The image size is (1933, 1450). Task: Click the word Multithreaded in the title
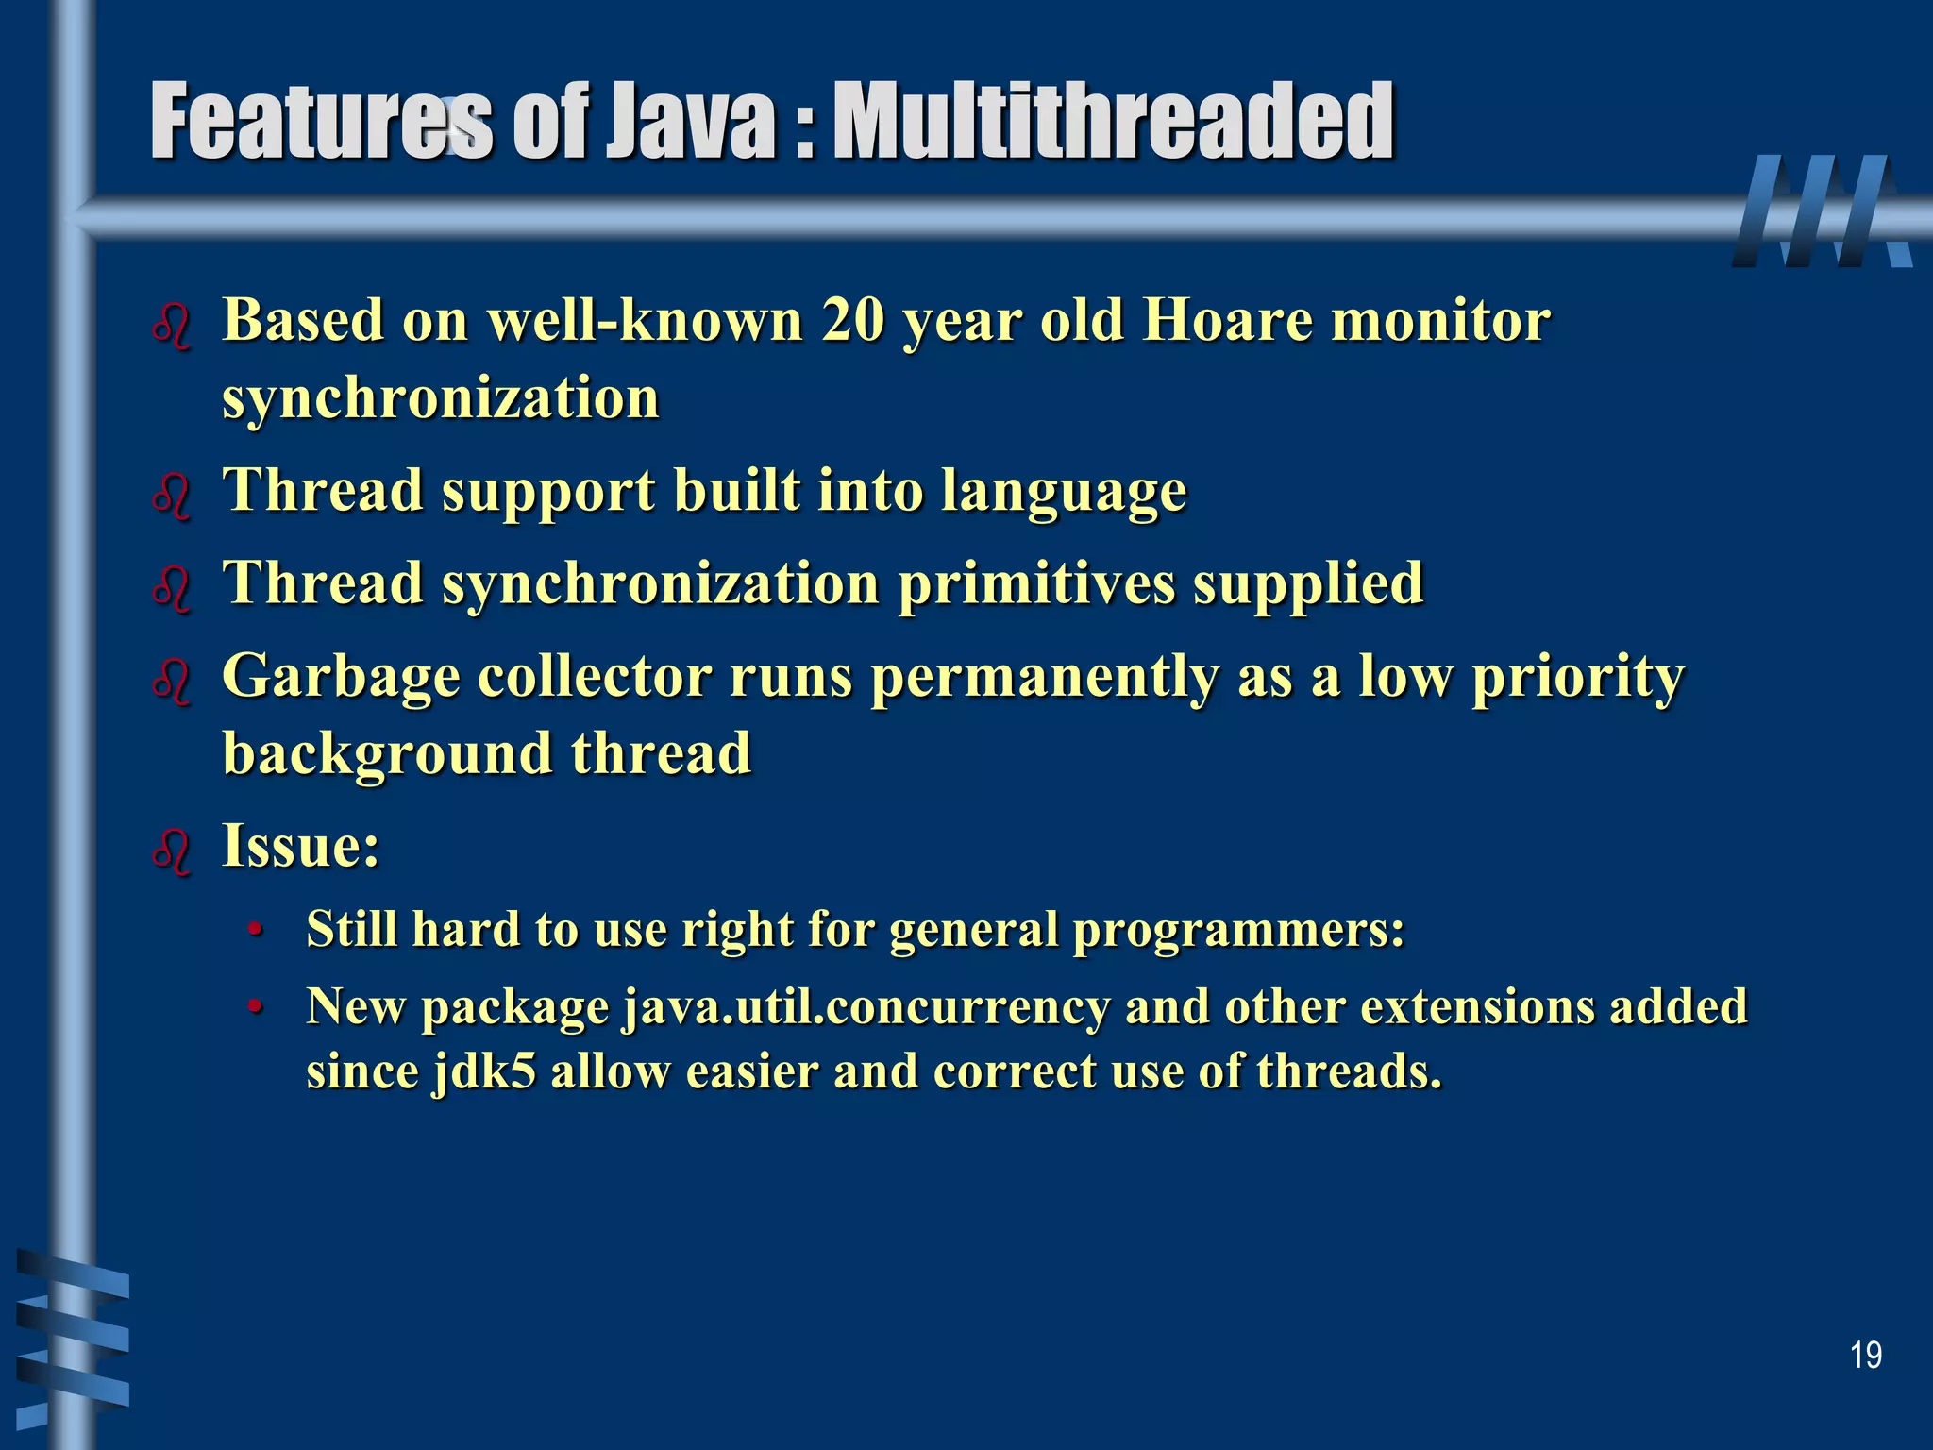click(1114, 123)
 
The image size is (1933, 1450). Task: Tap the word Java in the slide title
click(690, 123)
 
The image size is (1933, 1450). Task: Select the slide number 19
click(1865, 1356)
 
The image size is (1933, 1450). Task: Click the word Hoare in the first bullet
click(1226, 321)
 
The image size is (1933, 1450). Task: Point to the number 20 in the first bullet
click(853, 321)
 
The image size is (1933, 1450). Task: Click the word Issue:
click(300, 845)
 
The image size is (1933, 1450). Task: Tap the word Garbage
click(341, 678)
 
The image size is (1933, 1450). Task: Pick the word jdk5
click(484, 1071)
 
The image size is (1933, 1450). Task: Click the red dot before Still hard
click(254, 932)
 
